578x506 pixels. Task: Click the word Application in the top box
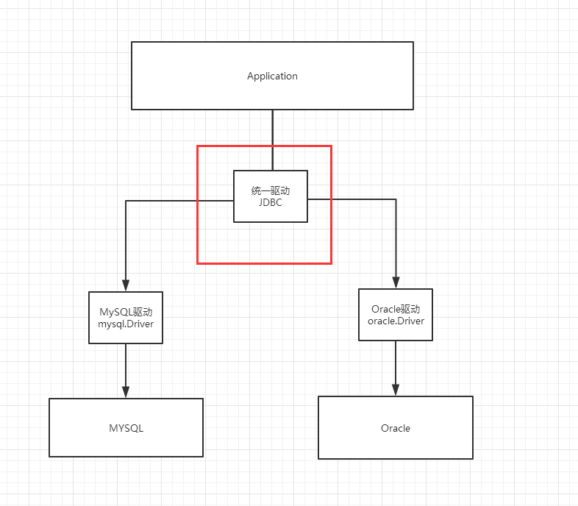[272, 76]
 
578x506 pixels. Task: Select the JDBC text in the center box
[271, 202]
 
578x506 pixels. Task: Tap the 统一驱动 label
[271, 190]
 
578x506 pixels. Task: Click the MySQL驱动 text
[126, 311]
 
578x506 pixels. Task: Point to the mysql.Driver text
[126, 323]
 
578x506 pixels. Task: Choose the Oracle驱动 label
[396, 309]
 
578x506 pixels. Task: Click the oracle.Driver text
[396, 321]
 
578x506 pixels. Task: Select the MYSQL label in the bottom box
[126, 428]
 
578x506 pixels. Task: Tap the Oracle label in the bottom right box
[396, 428]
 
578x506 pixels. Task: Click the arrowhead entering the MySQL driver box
[126, 286]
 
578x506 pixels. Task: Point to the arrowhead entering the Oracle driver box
[396, 283]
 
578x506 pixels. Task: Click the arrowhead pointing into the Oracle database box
[396, 390]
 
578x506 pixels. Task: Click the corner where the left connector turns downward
[126, 201]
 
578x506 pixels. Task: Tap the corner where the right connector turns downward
[396, 199]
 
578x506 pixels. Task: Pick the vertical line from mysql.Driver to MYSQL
[126, 364]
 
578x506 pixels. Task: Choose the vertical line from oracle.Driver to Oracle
[396, 362]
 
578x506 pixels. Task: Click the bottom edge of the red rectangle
[264, 263]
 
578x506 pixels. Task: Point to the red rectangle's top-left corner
[198, 146]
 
